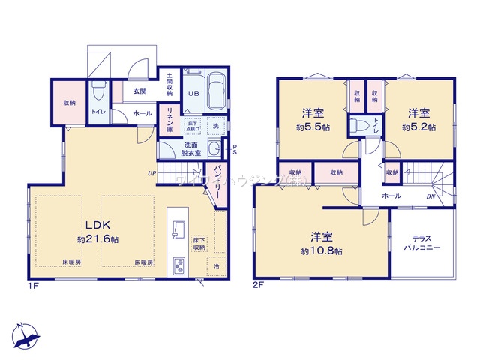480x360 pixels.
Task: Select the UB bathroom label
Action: (x=193, y=94)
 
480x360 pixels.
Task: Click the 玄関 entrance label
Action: (x=139, y=91)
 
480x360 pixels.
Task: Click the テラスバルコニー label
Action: (x=421, y=241)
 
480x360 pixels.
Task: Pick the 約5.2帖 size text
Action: (x=417, y=127)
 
